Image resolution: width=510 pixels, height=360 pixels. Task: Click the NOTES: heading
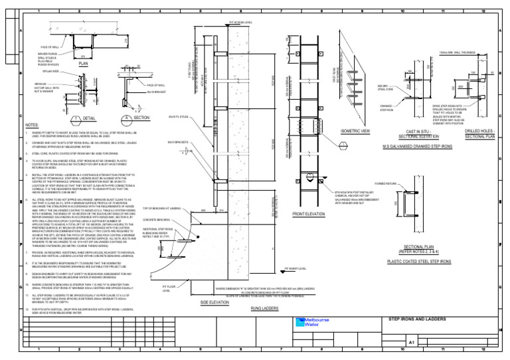click(x=32, y=125)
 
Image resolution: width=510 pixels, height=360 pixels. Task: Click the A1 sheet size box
click(x=411, y=342)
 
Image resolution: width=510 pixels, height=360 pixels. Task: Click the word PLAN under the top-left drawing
click(x=84, y=64)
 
